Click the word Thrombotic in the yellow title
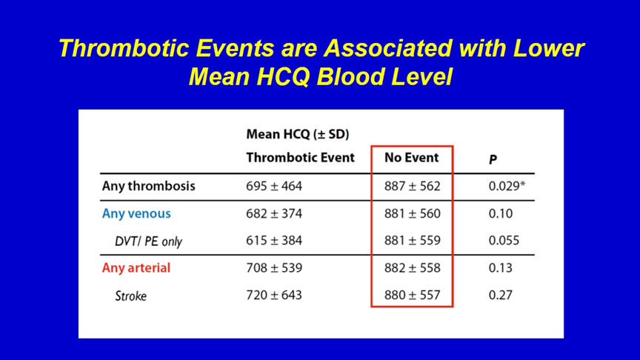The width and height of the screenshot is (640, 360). pyautogui.click(x=124, y=48)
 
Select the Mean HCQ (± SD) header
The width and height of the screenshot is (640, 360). pyautogui.click(x=298, y=134)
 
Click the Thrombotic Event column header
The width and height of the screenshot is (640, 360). pyautogui.click(x=301, y=158)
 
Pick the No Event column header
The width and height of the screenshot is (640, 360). pyautogui.click(x=411, y=158)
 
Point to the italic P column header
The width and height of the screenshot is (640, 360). pyautogui.click(x=493, y=159)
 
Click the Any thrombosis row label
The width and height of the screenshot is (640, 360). pyautogui.click(x=149, y=186)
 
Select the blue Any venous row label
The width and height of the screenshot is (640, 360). pyautogui.click(x=136, y=213)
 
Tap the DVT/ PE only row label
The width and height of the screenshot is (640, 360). pyautogui.click(x=148, y=241)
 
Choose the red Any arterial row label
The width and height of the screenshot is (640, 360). pyautogui.click(x=136, y=267)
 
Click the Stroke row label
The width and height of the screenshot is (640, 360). pyautogui.click(x=130, y=296)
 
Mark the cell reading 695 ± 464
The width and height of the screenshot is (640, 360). pyautogui.click(x=274, y=186)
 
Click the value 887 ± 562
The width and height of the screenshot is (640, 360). pyautogui.click(x=413, y=186)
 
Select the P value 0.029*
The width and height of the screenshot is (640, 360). pyautogui.click(x=507, y=186)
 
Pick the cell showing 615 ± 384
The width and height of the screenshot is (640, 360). pyautogui.click(x=274, y=241)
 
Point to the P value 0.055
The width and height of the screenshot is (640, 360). pyautogui.click(x=504, y=241)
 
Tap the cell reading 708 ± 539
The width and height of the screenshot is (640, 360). pyautogui.click(x=274, y=267)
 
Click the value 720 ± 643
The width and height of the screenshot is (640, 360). pyautogui.click(x=274, y=295)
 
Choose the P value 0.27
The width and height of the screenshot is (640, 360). pyautogui.click(x=501, y=295)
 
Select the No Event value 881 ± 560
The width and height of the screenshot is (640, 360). pyautogui.click(x=413, y=213)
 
